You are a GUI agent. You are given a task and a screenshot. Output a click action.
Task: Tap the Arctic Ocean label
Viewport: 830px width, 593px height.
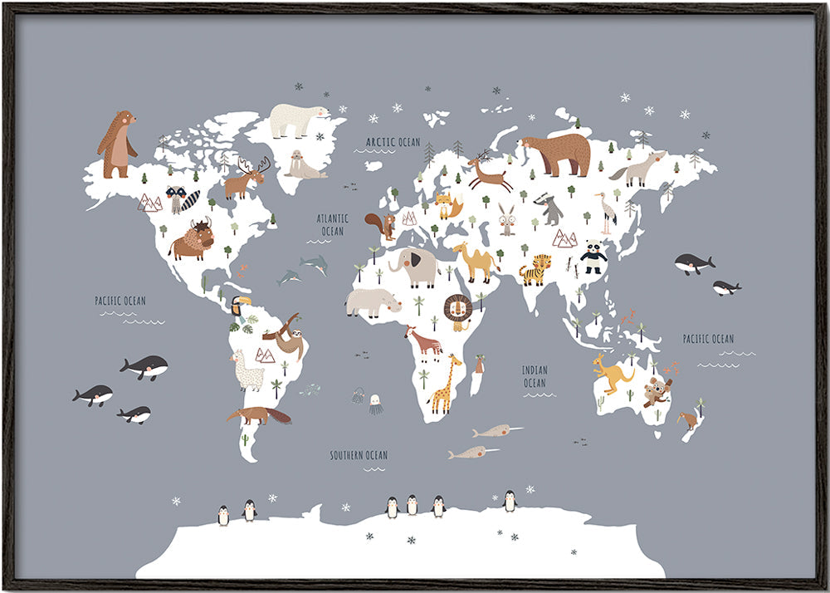(x=393, y=142)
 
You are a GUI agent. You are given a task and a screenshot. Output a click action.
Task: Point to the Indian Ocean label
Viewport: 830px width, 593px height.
(x=535, y=376)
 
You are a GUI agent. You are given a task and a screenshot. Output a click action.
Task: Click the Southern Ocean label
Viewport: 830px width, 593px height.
(x=359, y=455)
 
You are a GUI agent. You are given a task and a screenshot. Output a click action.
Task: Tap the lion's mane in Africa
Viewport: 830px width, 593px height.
(x=457, y=311)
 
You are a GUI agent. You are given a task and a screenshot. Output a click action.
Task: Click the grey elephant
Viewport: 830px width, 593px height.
(x=415, y=267)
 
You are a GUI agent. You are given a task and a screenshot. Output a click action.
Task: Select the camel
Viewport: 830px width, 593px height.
(x=476, y=262)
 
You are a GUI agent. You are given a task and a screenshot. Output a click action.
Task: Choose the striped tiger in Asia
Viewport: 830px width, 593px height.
(x=535, y=270)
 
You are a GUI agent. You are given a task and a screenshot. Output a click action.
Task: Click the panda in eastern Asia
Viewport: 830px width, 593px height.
(x=593, y=257)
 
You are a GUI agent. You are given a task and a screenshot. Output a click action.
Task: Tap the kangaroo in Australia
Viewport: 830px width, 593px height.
(x=613, y=373)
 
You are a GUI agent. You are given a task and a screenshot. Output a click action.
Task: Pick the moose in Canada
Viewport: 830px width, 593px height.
(x=246, y=178)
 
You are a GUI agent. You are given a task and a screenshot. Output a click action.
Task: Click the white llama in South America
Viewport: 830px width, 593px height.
(x=247, y=370)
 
